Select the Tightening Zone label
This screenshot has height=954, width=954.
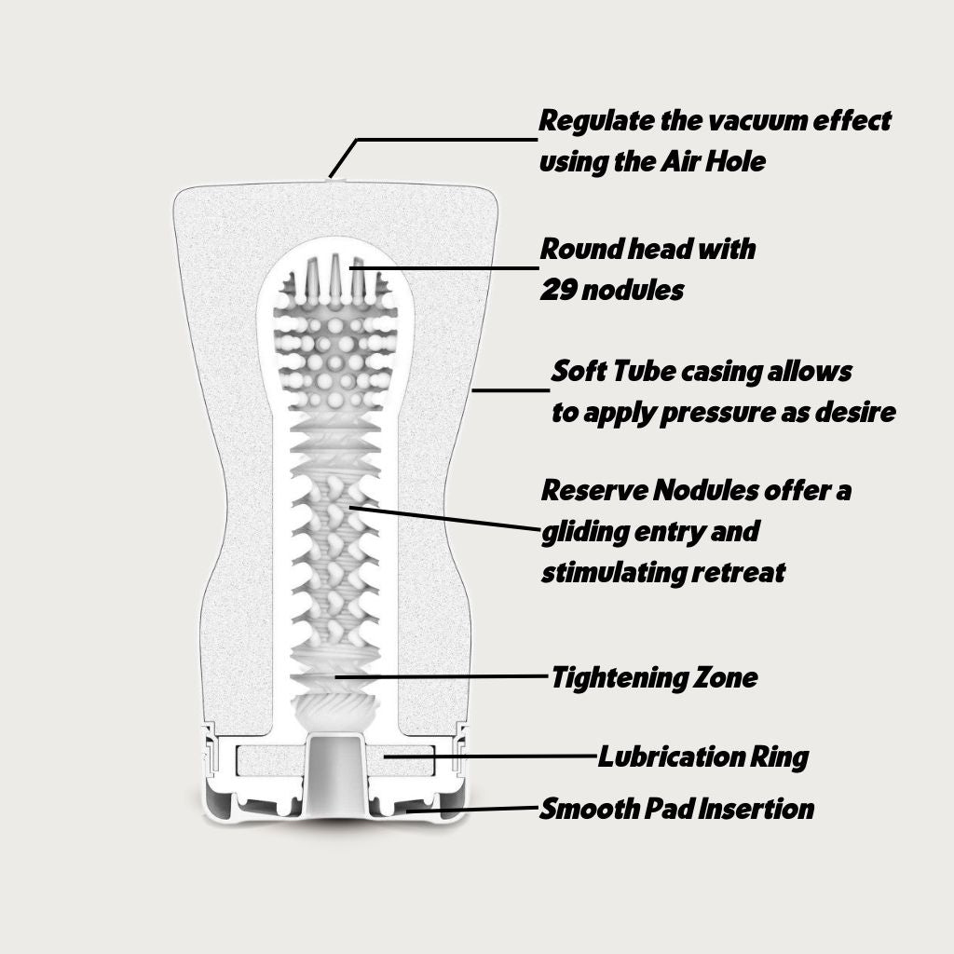point(654,677)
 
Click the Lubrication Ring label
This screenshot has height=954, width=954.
point(702,756)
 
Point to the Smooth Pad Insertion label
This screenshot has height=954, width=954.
point(677,808)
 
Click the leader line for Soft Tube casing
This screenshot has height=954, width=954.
point(511,391)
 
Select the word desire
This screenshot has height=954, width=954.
point(858,413)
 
